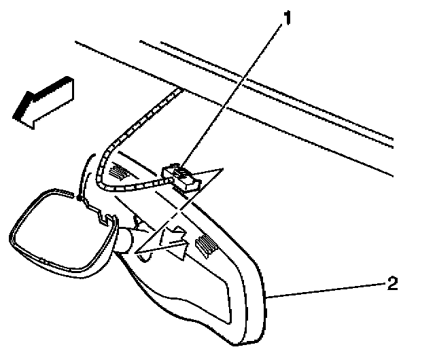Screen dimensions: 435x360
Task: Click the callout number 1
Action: (x=288, y=17)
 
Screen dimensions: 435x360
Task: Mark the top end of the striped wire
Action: (x=180, y=90)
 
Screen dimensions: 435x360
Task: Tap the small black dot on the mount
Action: (x=80, y=199)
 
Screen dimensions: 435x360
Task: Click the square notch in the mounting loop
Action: (x=103, y=219)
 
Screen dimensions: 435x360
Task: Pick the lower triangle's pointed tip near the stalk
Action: (x=135, y=253)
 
